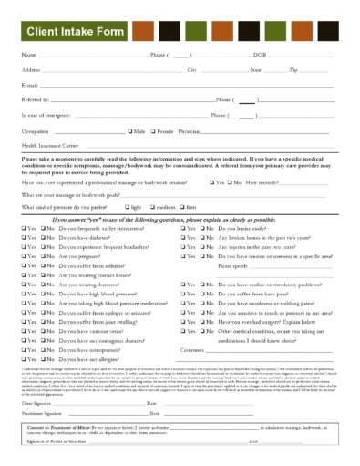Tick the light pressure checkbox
point(129,208)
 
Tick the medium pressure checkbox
point(158,208)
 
